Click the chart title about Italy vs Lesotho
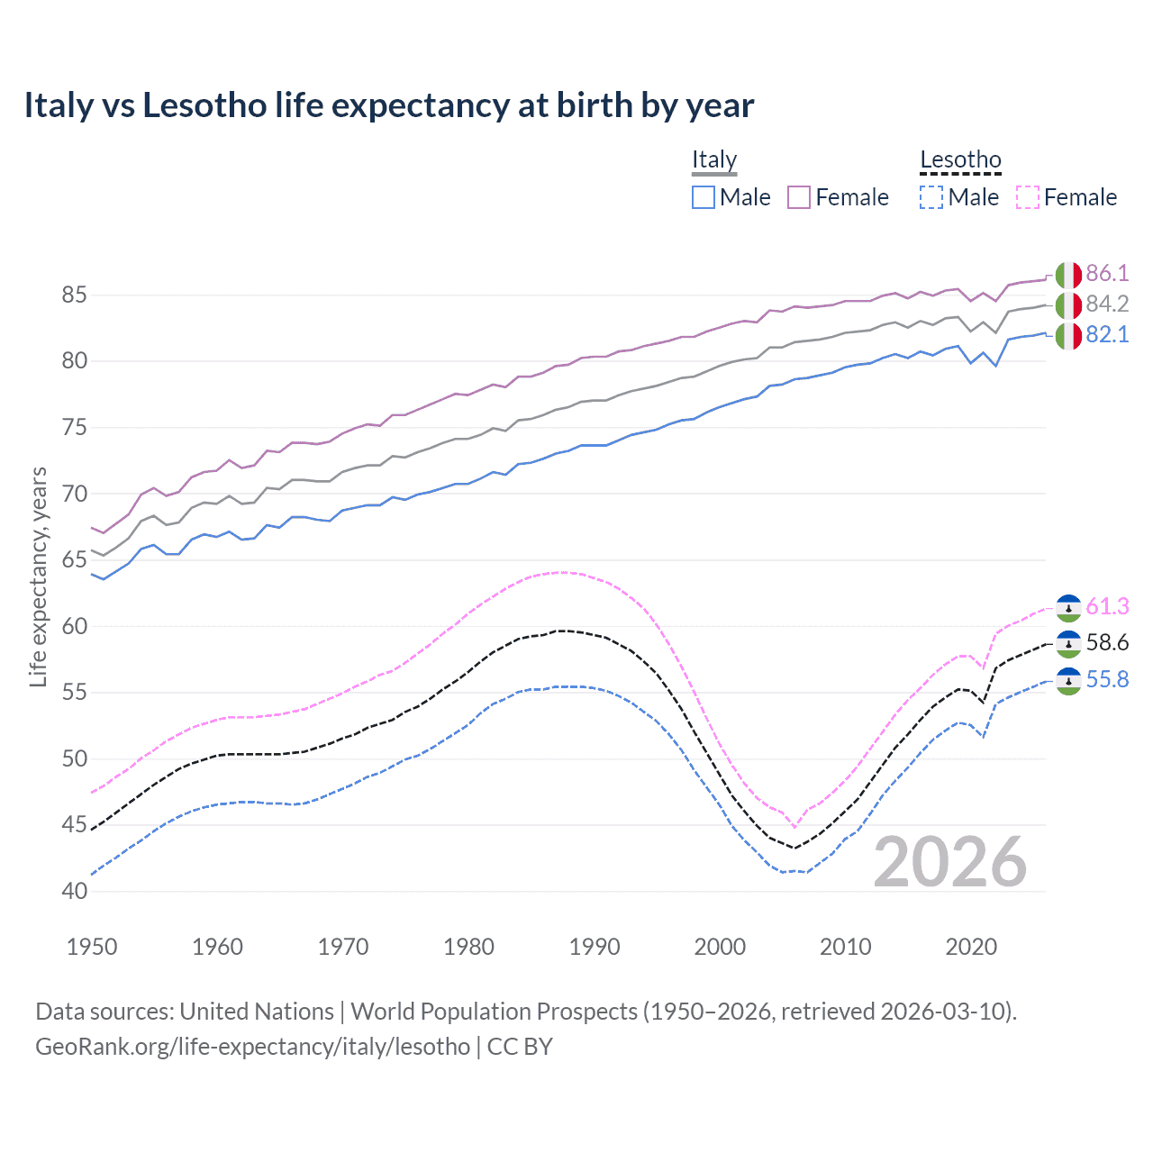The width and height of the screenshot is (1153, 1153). click(388, 105)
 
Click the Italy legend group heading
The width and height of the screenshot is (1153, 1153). click(714, 159)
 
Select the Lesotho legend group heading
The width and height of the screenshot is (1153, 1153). click(960, 159)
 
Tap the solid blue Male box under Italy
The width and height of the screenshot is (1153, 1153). click(704, 197)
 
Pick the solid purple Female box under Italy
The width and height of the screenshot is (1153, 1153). click(799, 197)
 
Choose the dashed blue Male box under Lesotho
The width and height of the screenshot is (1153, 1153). click(931, 197)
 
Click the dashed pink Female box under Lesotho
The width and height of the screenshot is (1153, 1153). click(1028, 197)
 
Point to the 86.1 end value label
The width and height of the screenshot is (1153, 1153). click(1107, 273)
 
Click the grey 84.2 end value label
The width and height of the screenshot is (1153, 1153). click(1107, 304)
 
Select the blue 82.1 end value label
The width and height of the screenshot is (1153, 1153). click(1107, 334)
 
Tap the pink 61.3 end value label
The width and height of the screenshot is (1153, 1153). click(1107, 606)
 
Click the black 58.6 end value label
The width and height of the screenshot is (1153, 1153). click(1107, 642)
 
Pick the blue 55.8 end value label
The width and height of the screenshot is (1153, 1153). click(1107, 679)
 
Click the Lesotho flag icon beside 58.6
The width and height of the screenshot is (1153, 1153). click(1068, 643)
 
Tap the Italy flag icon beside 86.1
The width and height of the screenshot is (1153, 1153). click(1068, 274)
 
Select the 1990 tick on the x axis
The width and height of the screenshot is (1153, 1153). click(595, 947)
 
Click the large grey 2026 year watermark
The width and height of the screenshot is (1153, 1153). click(949, 862)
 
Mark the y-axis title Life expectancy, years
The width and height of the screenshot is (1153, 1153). click(38, 576)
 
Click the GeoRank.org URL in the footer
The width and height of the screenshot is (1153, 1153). click(252, 1047)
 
